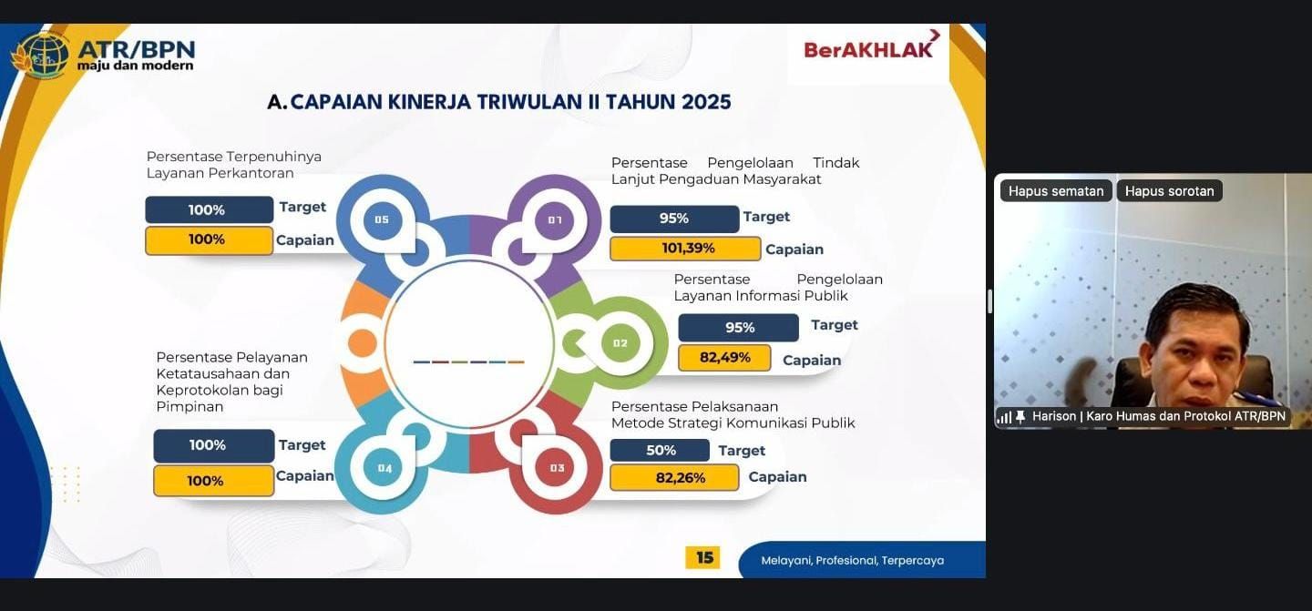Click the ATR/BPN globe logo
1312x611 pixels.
[40, 56]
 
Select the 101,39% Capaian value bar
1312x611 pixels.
[685, 249]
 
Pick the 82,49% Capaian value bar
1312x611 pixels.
[724, 358]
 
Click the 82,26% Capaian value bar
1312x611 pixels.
[674, 477]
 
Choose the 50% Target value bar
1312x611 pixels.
[660, 450]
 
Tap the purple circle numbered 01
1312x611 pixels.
[554, 220]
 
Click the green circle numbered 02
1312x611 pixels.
[620, 343]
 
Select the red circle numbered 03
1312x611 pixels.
[557, 468]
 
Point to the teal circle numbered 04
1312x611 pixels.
[384, 468]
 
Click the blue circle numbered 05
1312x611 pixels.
[382, 219]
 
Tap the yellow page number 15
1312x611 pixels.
[703, 557]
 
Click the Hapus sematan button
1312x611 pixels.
[1055, 191]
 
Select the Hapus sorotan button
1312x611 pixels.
[1169, 191]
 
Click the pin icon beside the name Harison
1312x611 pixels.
[1020, 417]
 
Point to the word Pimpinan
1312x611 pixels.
[190, 407]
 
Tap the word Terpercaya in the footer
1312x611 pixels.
[913, 561]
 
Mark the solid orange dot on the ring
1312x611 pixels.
[363, 343]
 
